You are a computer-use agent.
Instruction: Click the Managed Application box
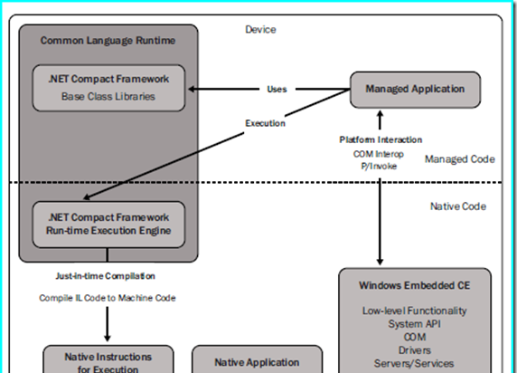pyautogui.click(x=415, y=90)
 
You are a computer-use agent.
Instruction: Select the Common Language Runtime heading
pyautogui.click(x=108, y=41)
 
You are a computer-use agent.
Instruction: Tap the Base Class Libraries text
pyautogui.click(x=108, y=97)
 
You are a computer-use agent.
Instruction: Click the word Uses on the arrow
pyautogui.click(x=277, y=90)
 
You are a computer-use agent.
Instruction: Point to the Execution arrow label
pyautogui.click(x=265, y=123)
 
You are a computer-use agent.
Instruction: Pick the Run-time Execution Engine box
pyautogui.click(x=108, y=225)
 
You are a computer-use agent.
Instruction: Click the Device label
pyautogui.click(x=260, y=29)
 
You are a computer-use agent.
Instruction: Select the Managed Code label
pyautogui.click(x=460, y=159)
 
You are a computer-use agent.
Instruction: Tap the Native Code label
pyautogui.click(x=458, y=206)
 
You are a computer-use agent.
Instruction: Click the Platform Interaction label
pyautogui.click(x=381, y=139)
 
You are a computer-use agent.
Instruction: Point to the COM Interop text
pyautogui.click(x=379, y=154)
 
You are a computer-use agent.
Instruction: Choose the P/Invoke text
pyautogui.click(x=379, y=167)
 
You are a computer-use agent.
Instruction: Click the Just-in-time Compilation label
pyautogui.click(x=105, y=276)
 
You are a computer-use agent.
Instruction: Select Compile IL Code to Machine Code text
pyautogui.click(x=108, y=298)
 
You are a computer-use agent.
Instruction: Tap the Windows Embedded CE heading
pyautogui.click(x=415, y=285)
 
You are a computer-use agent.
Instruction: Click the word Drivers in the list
pyautogui.click(x=415, y=350)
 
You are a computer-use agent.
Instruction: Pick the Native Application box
pyautogui.click(x=258, y=359)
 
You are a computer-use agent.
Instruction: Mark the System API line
pyautogui.click(x=415, y=324)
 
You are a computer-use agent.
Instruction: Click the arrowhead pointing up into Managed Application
pyautogui.click(x=380, y=114)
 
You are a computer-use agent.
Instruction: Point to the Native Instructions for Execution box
pyautogui.click(x=108, y=359)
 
